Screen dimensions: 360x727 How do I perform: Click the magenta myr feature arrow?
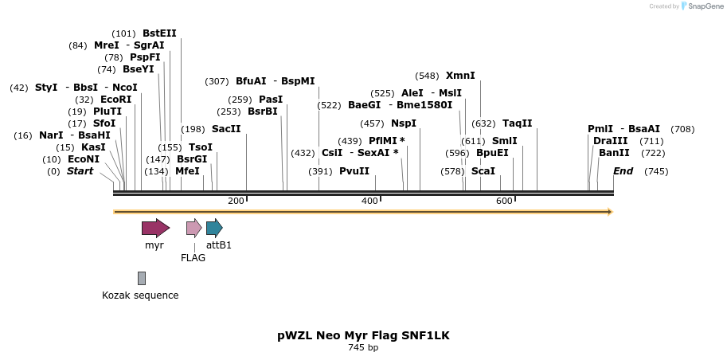[155, 229]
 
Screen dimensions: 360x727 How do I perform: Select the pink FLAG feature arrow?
[193, 229]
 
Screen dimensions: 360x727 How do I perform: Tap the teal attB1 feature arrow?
[214, 229]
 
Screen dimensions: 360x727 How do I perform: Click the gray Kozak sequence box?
[142, 278]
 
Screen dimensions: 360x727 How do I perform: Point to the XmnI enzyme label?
[460, 76]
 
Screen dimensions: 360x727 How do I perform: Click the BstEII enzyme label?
[159, 33]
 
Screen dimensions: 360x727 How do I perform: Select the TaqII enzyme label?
[517, 123]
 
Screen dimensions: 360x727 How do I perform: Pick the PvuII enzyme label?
[354, 171]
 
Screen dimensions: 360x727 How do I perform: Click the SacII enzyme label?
[226, 129]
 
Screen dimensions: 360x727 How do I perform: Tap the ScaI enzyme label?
[483, 171]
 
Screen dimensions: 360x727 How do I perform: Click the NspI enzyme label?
[404, 123]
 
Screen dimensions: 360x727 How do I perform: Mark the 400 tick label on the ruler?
[369, 201]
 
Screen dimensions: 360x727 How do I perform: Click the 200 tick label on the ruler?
[236, 201]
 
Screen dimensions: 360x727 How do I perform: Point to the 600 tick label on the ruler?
[504, 201]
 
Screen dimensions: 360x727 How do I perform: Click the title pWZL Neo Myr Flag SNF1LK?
[363, 335]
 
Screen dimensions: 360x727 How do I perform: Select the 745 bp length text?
[363, 347]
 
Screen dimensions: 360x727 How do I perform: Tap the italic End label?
[623, 171]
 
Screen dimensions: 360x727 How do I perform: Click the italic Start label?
[80, 171]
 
